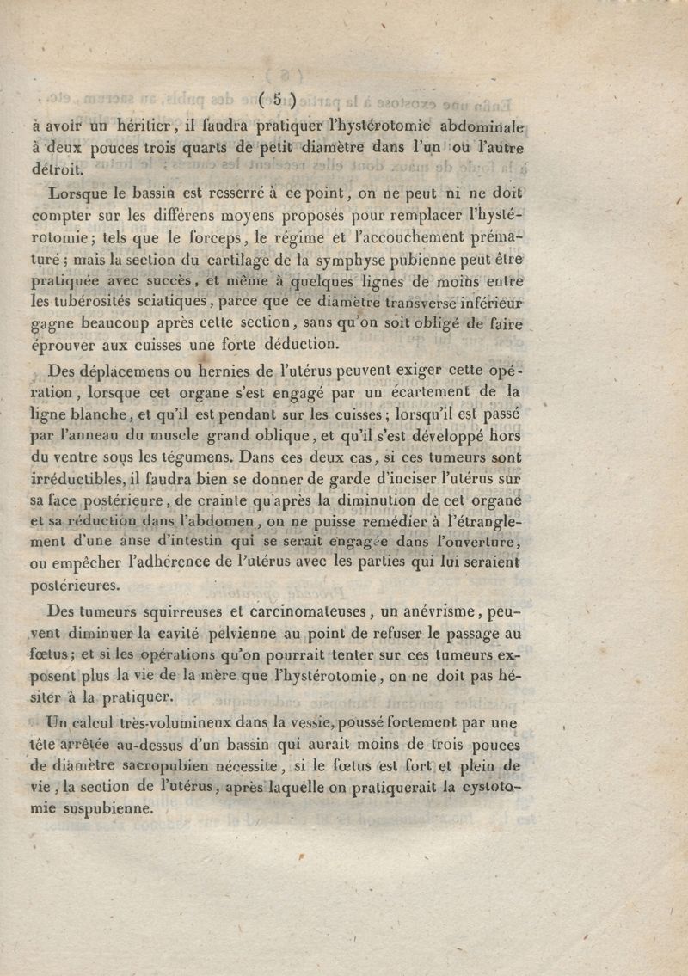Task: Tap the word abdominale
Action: [482, 121]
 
